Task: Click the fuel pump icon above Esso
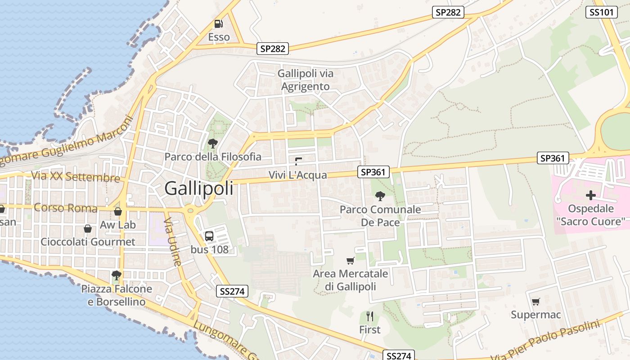(218, 23)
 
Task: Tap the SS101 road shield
(601, 12)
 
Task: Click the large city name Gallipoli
(199, 188)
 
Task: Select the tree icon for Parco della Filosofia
(212, 144)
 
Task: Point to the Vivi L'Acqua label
(297, 175)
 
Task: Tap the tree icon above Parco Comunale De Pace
(380, 196)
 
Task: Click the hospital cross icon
(590, 195)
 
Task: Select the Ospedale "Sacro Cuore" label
(590, 215)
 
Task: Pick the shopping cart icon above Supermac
(535, 301)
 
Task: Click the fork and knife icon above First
(370, 316)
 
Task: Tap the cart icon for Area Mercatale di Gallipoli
(351, 261)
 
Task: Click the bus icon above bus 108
(209, 236)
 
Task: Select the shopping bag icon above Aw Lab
(118, 211)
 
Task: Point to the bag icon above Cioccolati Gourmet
(88, 229)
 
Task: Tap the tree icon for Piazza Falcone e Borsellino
(117, 274)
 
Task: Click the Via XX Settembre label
(75, 176)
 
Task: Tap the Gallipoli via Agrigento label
(306, 80)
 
